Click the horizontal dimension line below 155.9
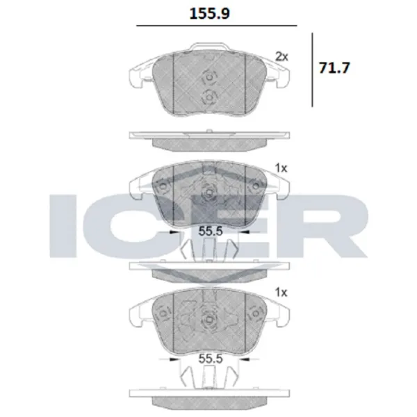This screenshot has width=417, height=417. click(215, 27)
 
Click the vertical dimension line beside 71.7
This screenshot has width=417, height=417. click(313, 69)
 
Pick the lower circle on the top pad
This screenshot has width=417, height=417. click(208, 98)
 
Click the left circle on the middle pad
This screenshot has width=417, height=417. click(162, 187)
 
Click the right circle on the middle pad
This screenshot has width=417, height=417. click(256, 185)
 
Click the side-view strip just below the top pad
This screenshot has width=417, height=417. click(208, 141)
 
